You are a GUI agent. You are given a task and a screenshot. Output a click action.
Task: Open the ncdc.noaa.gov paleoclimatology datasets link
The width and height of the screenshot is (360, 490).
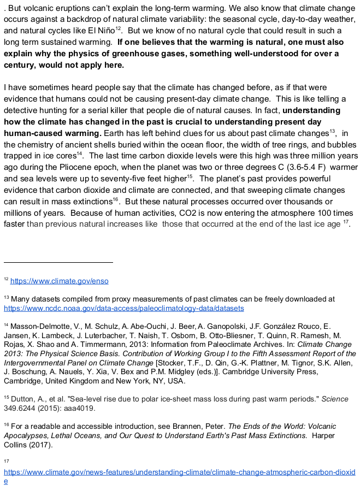pos(123,309)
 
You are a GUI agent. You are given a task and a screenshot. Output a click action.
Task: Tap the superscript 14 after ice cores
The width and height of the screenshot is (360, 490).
pos(79,154)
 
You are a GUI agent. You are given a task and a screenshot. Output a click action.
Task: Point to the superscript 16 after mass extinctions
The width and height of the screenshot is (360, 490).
pos(115,199)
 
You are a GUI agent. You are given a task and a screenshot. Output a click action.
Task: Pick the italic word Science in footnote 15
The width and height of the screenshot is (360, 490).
pos(335,399)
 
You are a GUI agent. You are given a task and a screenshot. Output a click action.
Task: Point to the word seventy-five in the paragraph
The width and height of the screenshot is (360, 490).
pos(103,178)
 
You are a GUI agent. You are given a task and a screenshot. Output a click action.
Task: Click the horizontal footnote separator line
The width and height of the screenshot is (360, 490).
pos(58,262)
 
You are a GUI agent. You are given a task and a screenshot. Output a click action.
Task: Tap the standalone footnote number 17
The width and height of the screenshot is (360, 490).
pos(6,461)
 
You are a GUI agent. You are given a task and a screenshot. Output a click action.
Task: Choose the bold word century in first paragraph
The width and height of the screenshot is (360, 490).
pos(21,66)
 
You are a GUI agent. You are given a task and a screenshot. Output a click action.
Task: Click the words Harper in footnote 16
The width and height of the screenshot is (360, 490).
pos(323,435)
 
